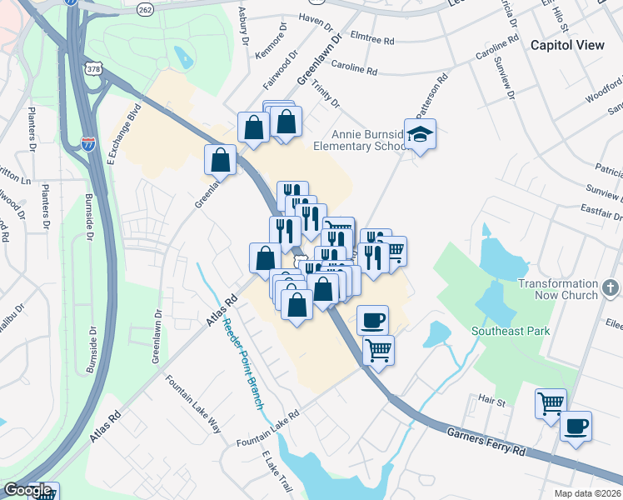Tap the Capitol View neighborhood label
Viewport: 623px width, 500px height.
pos(567,45)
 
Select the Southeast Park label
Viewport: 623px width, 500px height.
pos(511,331)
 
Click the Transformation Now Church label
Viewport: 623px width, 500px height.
pos(558,289)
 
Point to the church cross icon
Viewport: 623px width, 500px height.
pos(612,288)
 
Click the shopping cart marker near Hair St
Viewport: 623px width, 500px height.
pos(551,404)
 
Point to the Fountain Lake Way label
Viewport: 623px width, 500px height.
pos(193,404)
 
